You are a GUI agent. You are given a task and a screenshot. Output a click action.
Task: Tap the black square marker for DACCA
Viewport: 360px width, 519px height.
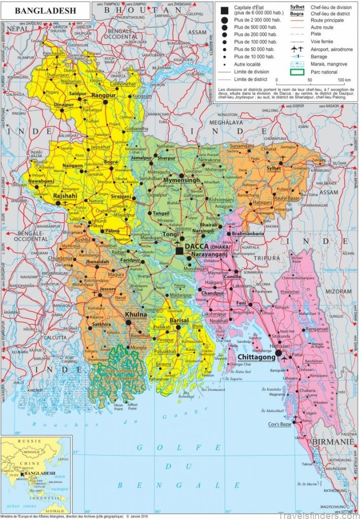pos(179,250)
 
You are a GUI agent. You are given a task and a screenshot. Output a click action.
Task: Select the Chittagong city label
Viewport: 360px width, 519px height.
pos(257,357)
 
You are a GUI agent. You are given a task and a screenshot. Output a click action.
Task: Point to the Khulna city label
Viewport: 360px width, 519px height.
pos(135,314)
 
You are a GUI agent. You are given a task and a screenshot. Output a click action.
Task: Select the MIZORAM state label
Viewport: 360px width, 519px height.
pos(338,292)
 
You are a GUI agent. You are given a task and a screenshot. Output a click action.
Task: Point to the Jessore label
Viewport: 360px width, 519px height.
pos(107,289)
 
